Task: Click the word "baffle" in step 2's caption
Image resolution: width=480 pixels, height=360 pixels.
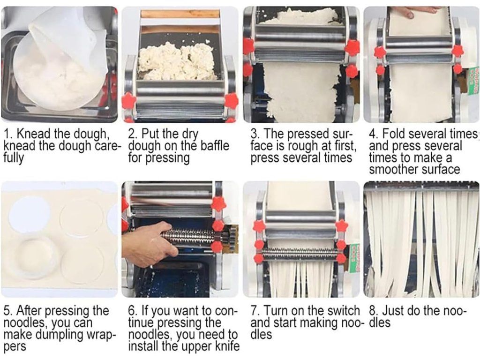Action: click(215, 146)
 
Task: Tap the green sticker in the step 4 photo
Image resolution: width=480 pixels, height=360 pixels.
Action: click(473, 76)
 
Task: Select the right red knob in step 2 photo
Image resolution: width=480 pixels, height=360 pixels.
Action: click(232, 101)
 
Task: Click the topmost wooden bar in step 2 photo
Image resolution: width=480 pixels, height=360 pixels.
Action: click(180, 14)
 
